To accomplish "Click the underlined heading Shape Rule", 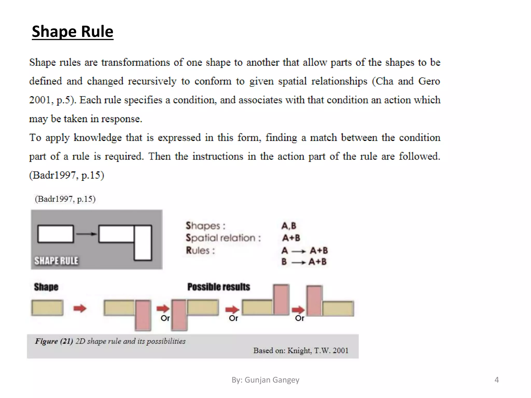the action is coord(73,32).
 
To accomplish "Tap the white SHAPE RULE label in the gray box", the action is coord(56,261).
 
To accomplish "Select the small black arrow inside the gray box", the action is coord(86,234).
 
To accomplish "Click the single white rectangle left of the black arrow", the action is coord(55,234).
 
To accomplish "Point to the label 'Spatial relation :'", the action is coord(223,238).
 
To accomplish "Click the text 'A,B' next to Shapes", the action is coord(289,226).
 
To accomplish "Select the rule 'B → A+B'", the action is coord(304,262).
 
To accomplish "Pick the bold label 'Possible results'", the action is coord(219,287).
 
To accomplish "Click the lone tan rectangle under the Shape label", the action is coord(47,308).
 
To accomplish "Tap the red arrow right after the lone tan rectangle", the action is coord(80,308).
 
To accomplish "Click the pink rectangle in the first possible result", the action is coord(143,315).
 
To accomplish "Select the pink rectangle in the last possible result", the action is coord(314,301).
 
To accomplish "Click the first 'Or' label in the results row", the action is coord(165,318).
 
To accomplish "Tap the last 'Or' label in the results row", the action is coord(299,318).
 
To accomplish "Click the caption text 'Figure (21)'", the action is coord(54,341).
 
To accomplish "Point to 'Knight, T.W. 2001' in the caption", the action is coord(318,351).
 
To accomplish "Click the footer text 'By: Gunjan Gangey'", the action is coord(265,380).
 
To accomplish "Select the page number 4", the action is coord(497,380).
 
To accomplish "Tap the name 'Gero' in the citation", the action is coord(429,81).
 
